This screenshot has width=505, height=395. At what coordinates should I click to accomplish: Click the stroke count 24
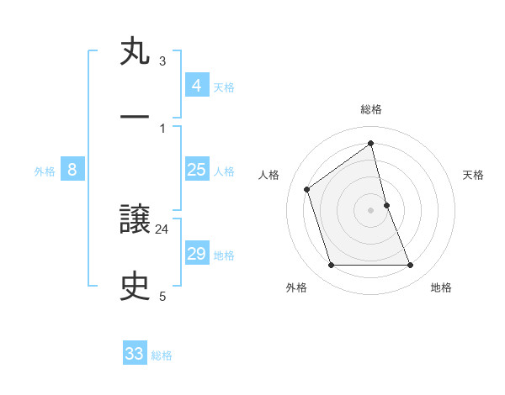pyautogui.click(x=162, y=229)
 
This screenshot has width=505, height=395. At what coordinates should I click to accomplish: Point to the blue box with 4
pyautogui.click(x=196, y=86)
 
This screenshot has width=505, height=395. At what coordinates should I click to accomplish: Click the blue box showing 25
pyautogui.click(x=196, y=170)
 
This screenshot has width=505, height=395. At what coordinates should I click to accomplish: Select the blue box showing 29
pyautogui.click(x=196, y=254)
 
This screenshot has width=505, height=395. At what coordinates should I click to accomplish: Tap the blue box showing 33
pyautogui.click(x=135, y=354)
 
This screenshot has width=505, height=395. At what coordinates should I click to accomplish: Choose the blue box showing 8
pyautogui.click(x=72, y=170)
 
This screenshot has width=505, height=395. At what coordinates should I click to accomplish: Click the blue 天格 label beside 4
pyautogui.click(x=224, y=87)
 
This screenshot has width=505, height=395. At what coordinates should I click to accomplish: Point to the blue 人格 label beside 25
pyautogui.click(x=224, y=171)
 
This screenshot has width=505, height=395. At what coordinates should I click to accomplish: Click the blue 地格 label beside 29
pyautogui.click(x=224, y=255)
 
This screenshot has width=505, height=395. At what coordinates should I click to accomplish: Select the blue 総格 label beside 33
pyautogui.click(x=162, y=355)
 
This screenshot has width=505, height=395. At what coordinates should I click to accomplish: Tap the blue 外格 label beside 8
pyautogui.click(x=45, y=171)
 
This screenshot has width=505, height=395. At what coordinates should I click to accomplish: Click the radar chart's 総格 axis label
pyautogui.click(x=371, y=109)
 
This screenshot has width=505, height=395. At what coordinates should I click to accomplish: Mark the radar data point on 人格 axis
pyautogui.click(x=307, y=189)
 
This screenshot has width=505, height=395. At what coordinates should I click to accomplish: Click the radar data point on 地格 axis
pyautogui.click(x=411, y=266)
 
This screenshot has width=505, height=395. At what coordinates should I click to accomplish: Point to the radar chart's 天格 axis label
pyautogui.click(x=473, y=175)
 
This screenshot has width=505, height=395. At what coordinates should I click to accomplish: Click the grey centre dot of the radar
pyautogui.click(x=371, y=209)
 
